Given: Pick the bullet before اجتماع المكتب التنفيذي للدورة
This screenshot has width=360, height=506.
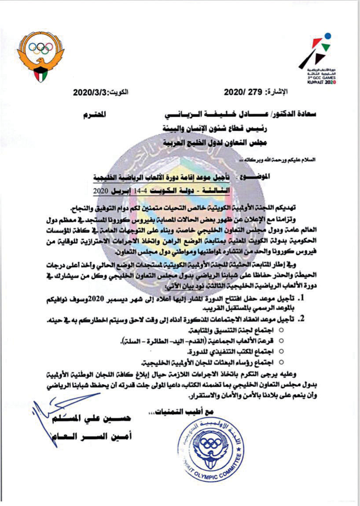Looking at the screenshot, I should (x=282, y=352).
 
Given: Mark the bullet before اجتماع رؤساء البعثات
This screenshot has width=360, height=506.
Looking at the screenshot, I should (x=282, y=363).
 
